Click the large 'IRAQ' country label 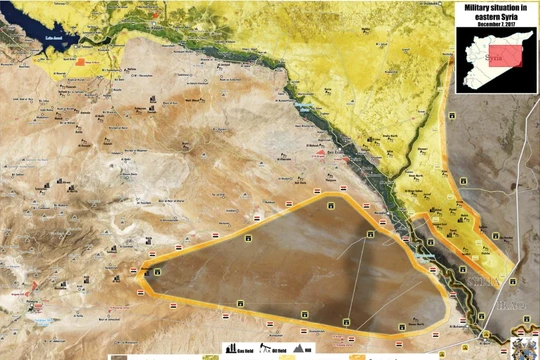point(514,299)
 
